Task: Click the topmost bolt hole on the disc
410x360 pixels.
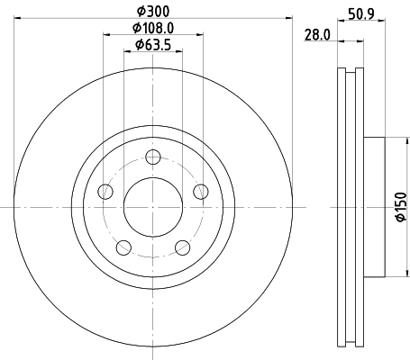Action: (153, 158)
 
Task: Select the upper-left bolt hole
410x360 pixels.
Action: (105, 191)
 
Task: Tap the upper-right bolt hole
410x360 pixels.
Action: (200, 191)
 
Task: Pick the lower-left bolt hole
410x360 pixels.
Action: (123, 247)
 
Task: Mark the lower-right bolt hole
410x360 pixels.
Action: (182, 247)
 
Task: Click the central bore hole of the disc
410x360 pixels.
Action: (153, 207)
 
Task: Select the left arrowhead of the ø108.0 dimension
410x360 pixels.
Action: (107, 35)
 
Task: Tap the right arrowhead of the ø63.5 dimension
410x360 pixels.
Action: (181, 53)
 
